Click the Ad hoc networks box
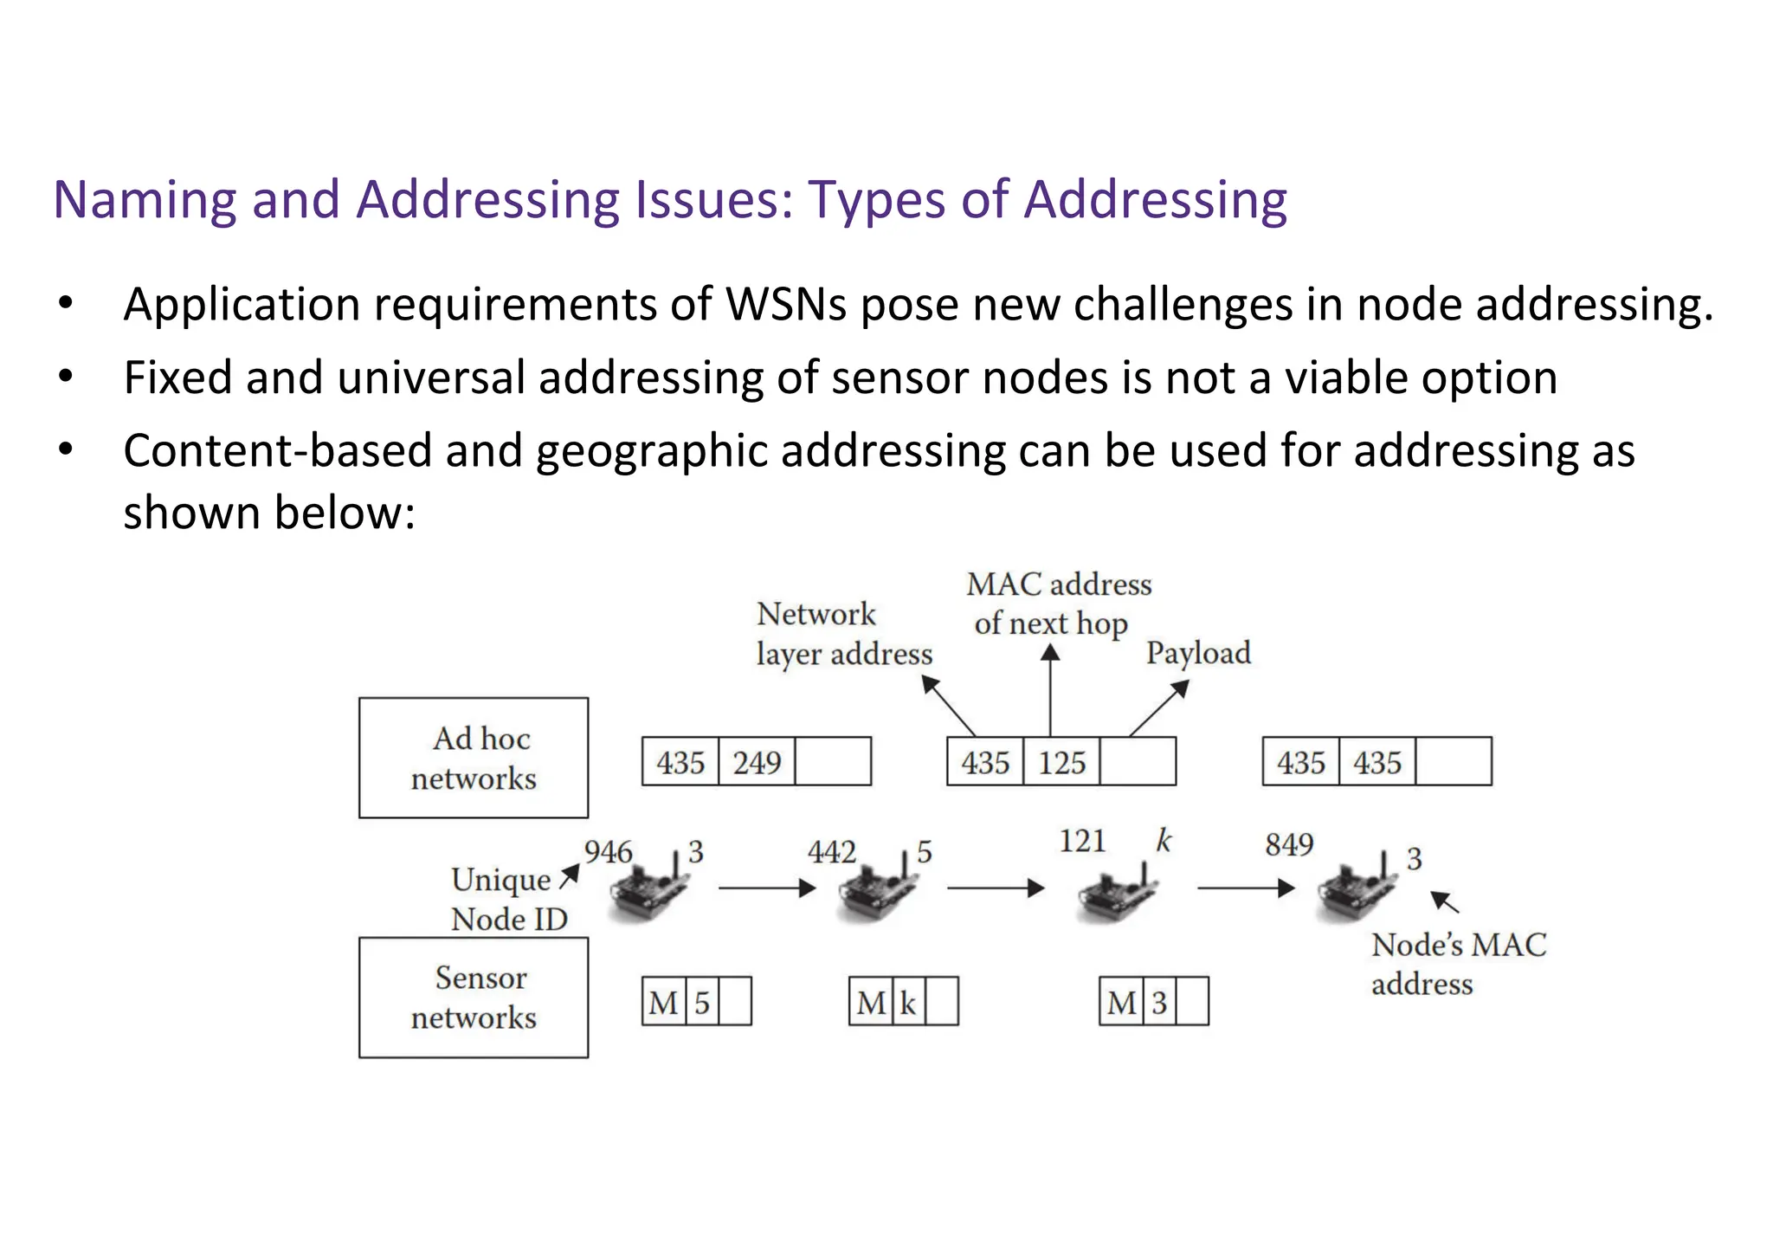474,758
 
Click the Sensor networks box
474,998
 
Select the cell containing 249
756,762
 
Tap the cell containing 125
1061,762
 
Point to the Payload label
1198,652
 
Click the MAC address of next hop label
1058,604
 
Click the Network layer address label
843,634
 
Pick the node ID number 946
608,852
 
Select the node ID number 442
831,852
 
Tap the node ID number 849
1288,844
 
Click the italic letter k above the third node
1164,841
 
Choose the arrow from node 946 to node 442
767,888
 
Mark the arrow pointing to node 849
1245,888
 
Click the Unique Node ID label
508,899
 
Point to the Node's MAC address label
1458,964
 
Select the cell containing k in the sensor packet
907,1003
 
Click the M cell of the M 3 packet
1121,1003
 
